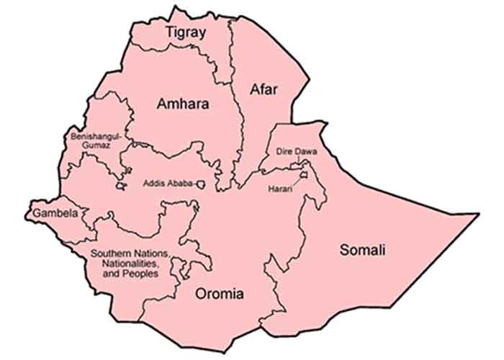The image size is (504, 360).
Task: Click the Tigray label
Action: (x=186, y=32)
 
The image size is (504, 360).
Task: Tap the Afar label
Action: (x=263, y=89)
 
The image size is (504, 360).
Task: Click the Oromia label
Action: (x=220, y=294)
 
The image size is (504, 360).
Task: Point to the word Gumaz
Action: (x=94, y=145)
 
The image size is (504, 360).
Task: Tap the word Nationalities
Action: (x=123, y=263)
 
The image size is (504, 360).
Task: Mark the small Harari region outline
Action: (x=305, y=174)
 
